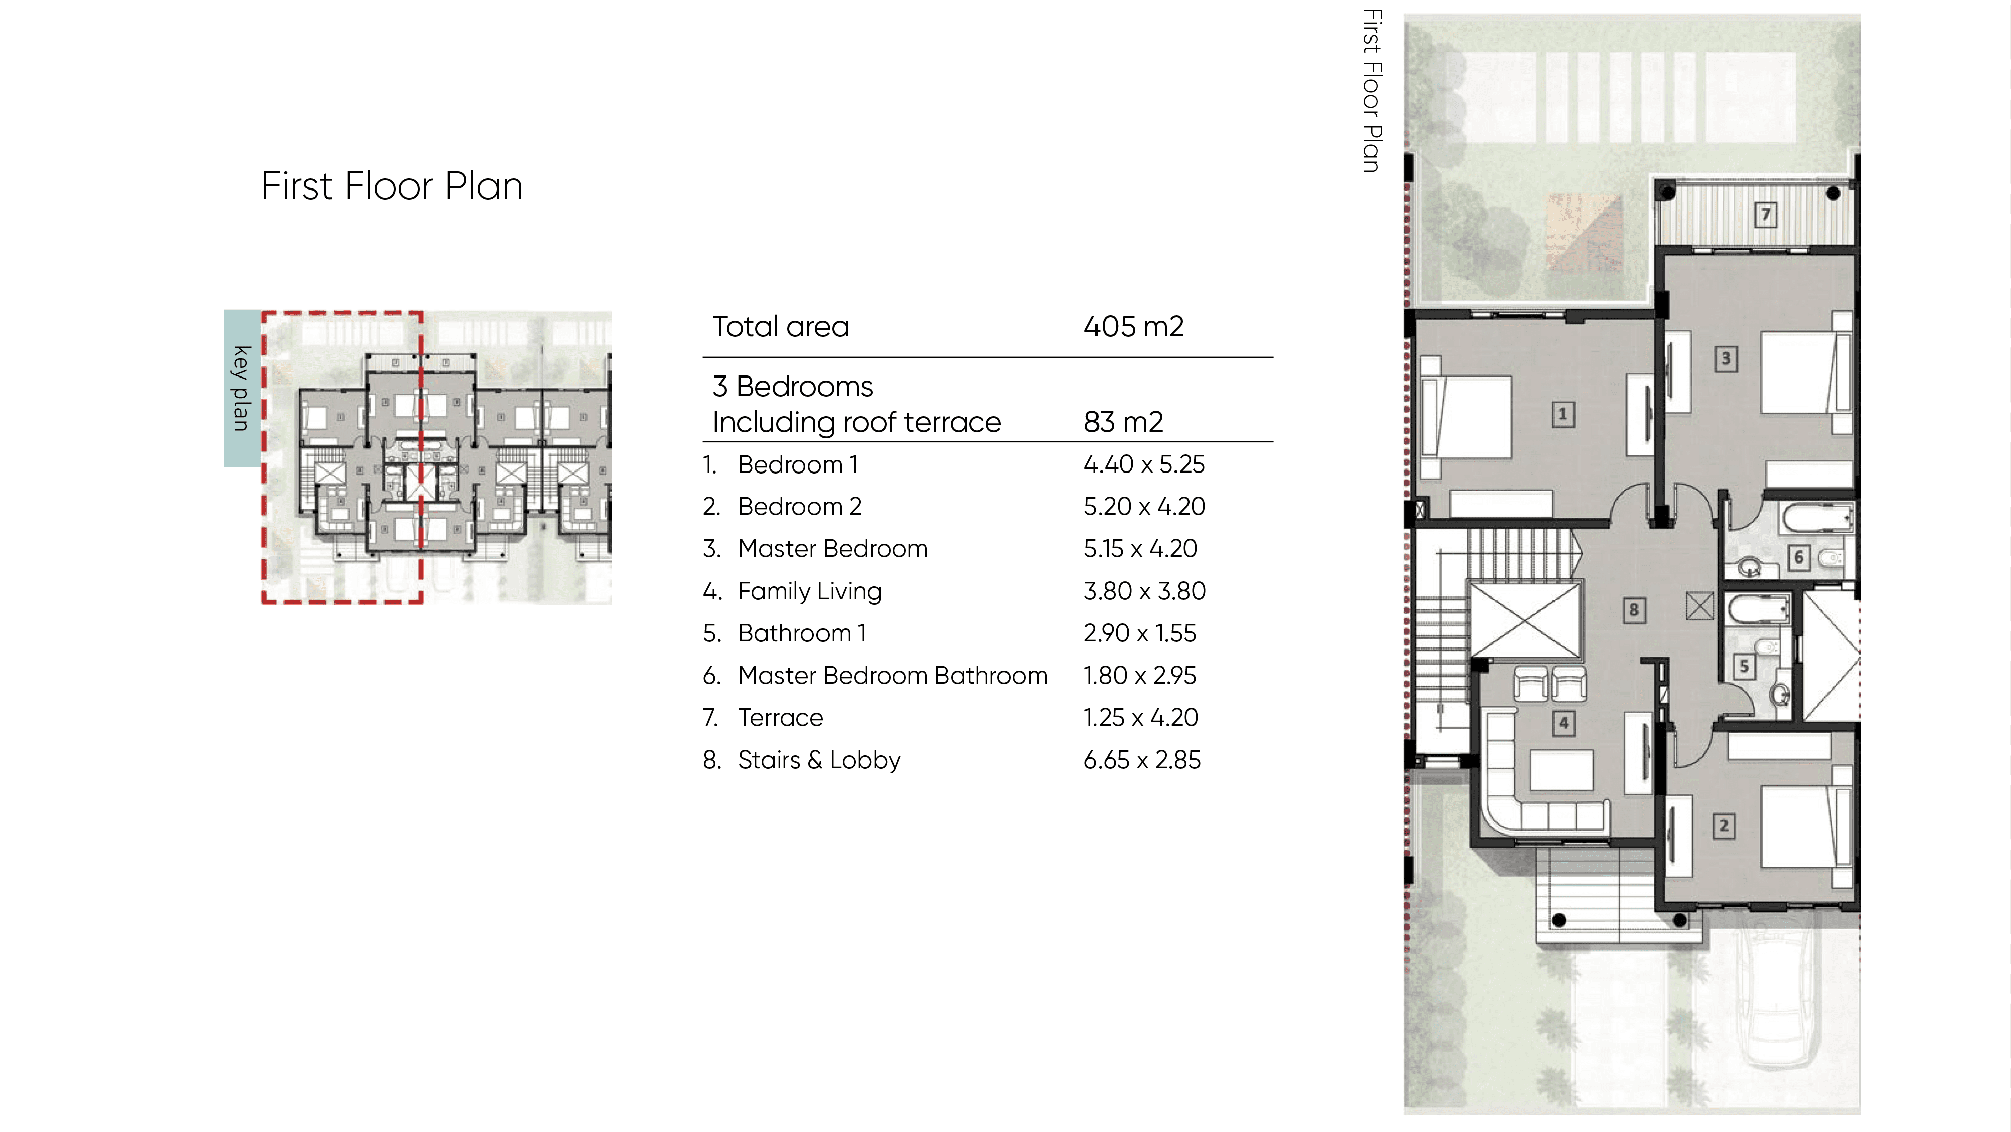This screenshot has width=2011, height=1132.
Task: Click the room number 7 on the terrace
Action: point(1765,215)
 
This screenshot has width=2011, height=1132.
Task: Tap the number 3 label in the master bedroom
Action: point(1726,359)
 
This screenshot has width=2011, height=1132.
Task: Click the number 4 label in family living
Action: point(1563,723)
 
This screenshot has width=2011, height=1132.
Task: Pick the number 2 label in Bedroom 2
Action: point(1724,826)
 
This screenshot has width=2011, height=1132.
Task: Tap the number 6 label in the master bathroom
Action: point(1799,557)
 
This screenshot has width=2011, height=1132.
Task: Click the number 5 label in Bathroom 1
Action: point(1744,667)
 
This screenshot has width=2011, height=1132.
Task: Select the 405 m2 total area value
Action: point(1134,326)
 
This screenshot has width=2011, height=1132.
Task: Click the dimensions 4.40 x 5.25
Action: point(1144,464)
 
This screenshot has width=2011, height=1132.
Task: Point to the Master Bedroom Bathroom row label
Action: point(893,675)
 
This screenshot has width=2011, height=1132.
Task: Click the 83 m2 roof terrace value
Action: point(1123,422)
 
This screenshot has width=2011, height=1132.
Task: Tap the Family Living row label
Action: point(809,592)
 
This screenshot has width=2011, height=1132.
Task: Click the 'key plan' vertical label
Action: point(241,388)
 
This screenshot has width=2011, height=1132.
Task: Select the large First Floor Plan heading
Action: point(392,186)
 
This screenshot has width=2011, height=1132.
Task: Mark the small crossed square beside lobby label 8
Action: point(1699,606)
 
